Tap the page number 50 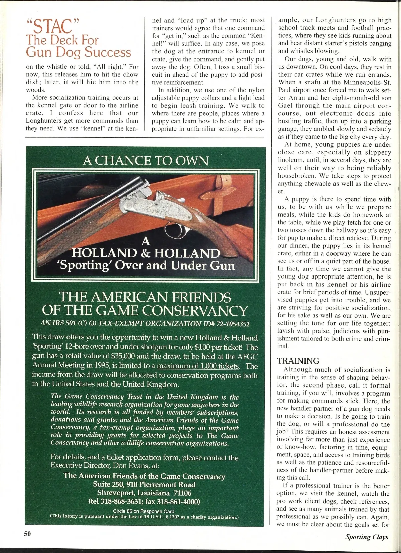click(27, 534)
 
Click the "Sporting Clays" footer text click(367, 537)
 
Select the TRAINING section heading click(298, 361)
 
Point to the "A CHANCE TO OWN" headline click(145, 161)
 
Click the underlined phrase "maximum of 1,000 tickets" click(198, 366)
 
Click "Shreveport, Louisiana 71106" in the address click(144, 493)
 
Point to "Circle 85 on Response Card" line click(144, 511)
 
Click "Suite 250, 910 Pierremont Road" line click(144, 484)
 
